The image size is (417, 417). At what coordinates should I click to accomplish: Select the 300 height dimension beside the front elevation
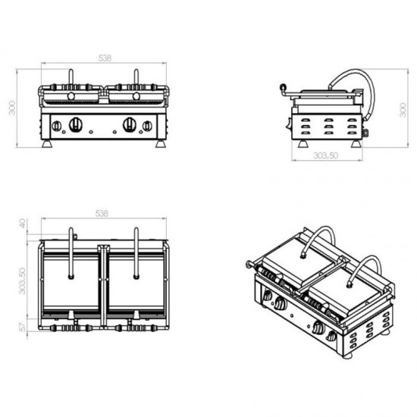coord(10,108)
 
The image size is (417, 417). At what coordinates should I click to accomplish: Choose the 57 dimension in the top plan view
coord(23,326)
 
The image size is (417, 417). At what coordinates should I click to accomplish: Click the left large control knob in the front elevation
coord(76,125)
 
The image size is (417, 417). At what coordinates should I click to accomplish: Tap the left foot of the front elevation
coord(50,143)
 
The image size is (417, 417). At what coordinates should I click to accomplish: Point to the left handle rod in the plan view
coord(71,254)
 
